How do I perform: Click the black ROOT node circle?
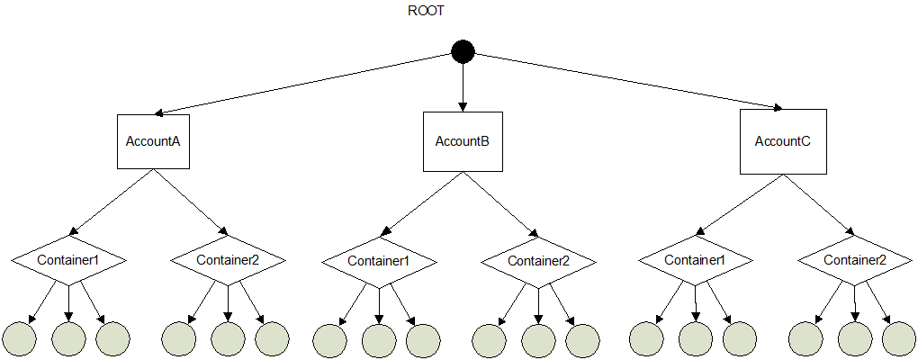pyautogui.click(x=463, y=52)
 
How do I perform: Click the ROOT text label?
pyautogui.click(x=427, y=11)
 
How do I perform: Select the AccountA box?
pyautogui.click(x=154, y=141)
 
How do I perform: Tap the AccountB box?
pyautogui.click(x=463, y=141)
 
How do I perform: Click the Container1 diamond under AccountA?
pyautogui.click(x=68, y=260)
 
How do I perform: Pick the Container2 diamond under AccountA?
pyautogui.click(x=228, y=260)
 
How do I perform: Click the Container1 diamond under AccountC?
pyautogui.click(x=695, y=260)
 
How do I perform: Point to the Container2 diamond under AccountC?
pyautogui.click(x=855, y=260)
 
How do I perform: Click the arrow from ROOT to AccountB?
pyautogui.click(x=463, y=86)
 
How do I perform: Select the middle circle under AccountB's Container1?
pyautogui.click(x=379, y=339)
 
